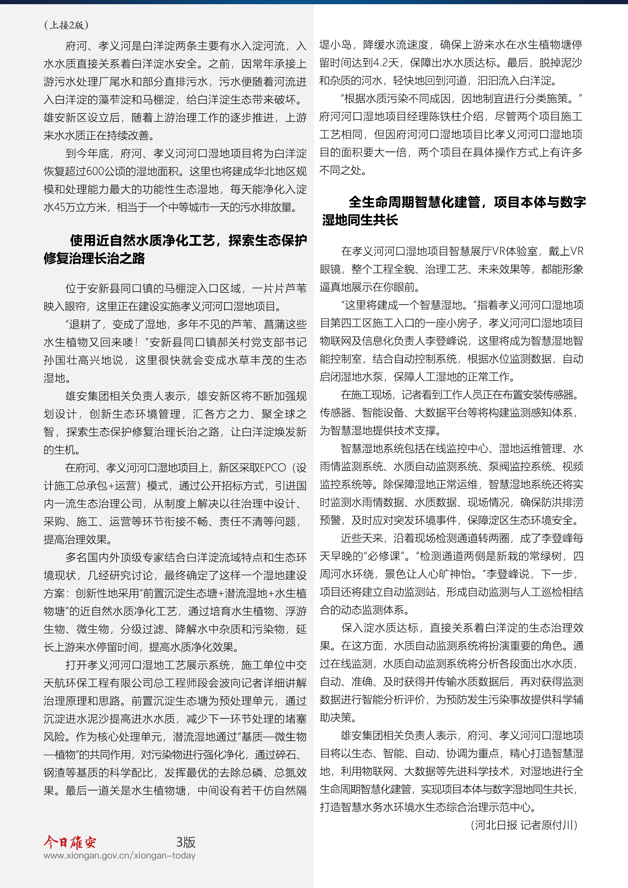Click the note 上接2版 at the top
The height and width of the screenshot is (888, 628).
tap(66, 25)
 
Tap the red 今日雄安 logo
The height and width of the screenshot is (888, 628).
tap(70, 842)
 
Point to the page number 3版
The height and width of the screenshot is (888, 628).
tap(186, 842)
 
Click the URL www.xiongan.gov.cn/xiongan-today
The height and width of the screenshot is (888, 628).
tap(120, 855)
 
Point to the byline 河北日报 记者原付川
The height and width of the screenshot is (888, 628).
tap(524, 825)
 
